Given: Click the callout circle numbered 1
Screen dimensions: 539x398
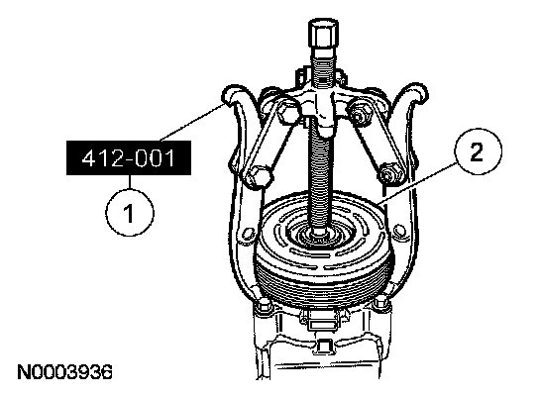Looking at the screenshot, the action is (x=130, y=213).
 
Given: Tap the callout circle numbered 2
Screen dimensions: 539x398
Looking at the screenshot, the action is (x=478, y=151).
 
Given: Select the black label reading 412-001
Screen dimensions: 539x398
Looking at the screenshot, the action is (x=129, y=158).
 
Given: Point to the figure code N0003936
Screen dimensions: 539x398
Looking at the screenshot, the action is (x=65, y=372).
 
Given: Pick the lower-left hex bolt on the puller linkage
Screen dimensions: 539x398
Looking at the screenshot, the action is (x=258, y=177).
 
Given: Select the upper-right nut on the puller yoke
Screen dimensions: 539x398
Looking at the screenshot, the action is (x=360, y=111).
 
